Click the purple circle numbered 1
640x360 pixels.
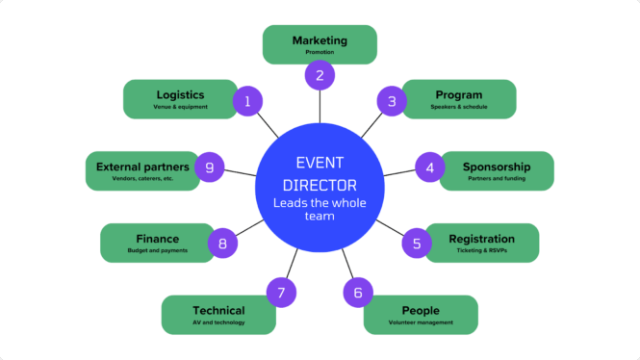[x=247, y=101]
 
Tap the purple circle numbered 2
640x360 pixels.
[x=320, y=75]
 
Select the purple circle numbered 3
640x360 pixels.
[x=391, y=100]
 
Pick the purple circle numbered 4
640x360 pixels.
[x=429, y=167]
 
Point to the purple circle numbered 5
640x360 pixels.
[x=416, y=244]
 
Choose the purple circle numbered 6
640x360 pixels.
[x=358, y=292]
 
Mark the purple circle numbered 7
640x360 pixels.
[x=280, y=292]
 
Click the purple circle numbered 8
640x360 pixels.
[x=222, y=244]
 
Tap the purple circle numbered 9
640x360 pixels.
[x=209, y=167]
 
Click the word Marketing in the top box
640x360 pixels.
[x=320, y=40]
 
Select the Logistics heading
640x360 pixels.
[x=180, y=94]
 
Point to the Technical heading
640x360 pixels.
[x=218, y=310]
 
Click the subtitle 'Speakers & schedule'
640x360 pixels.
[x=459, y=107]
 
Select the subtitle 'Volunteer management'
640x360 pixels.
[x=421, y=322]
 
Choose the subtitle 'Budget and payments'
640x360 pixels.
[x=158, y=250]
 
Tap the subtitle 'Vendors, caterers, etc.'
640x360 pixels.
[x=141, y=179]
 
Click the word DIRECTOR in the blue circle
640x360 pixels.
[x=320, y=184]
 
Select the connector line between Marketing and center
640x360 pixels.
[x=320, y=108]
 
